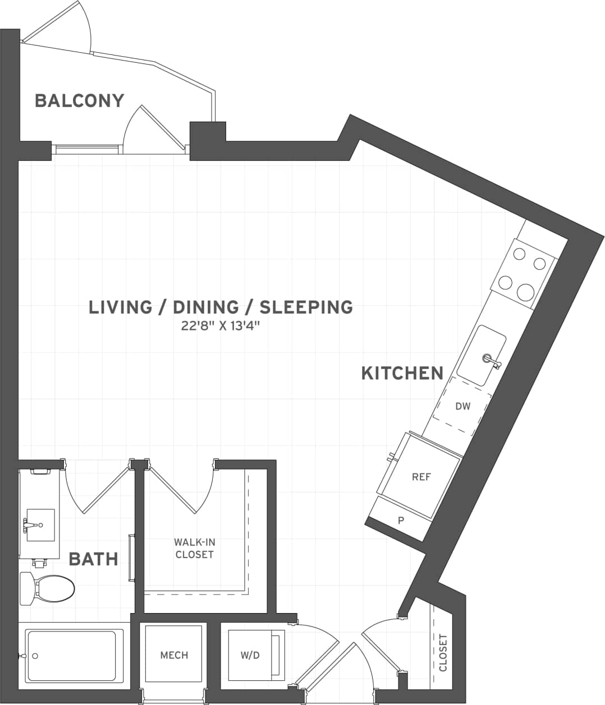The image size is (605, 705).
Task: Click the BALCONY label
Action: click(79, 101)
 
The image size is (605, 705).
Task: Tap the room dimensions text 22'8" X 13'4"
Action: click(221, 326)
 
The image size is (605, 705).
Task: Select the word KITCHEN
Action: click(402, 373)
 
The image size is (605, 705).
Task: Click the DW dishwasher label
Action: click(462, 406)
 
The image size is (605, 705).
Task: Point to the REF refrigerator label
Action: click(421, 477)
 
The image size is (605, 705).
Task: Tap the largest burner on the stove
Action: click(525, 292)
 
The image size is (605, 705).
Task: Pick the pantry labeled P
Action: click(401, 520)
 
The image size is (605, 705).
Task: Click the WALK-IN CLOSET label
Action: click(194, 549)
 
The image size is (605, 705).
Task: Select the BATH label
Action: click(93, 559)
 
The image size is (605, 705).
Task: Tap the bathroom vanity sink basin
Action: click(40, 525)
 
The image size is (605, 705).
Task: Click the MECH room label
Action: click(174, 655)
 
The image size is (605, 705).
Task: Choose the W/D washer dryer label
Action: click(250, 655)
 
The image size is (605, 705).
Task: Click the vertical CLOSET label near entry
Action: click(443, 653)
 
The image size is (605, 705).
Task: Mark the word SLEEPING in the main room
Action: click(306, 307)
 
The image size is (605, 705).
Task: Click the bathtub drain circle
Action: click(35, 656)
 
